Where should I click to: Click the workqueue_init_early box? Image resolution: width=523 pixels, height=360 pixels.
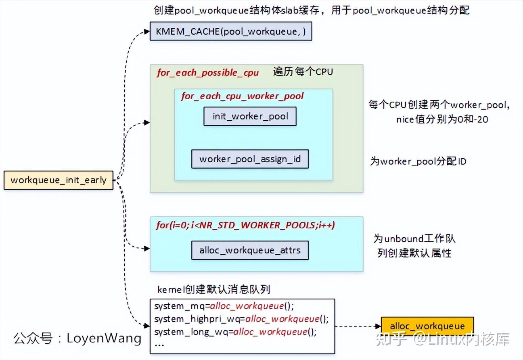[59, 180]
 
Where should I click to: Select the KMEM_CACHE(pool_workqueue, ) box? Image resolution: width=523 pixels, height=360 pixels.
[231, 31]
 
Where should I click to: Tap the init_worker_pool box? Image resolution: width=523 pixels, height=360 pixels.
[250, 117]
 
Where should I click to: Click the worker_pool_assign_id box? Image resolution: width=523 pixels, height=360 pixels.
[250, 159]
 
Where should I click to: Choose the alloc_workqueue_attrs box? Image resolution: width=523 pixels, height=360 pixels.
[250, 250]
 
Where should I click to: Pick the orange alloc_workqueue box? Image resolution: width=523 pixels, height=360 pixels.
[427, 326]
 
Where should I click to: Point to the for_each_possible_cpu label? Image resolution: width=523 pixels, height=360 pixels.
[207, 73]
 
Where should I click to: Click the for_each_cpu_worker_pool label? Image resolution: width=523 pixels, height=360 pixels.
[242, 96]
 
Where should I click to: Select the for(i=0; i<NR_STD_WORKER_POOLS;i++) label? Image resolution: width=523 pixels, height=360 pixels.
[245, 225]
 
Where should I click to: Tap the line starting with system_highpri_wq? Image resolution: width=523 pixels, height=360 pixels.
[241, 319]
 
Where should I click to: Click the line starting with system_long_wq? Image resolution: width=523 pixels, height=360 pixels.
[235, 332]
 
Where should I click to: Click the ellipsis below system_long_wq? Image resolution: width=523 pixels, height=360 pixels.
[159, 345]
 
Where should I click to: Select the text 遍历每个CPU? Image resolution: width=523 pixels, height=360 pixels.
[303, 72]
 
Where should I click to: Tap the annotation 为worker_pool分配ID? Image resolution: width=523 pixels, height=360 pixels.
[418, 161]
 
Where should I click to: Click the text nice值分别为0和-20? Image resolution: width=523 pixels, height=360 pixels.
[442, 119]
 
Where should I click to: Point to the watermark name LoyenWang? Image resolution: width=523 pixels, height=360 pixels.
[104, 338]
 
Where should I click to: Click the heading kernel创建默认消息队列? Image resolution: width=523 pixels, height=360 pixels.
[213, 289]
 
